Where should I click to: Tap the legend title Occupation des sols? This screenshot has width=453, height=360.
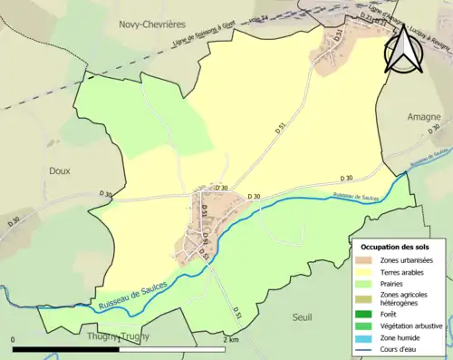tap(397, 247)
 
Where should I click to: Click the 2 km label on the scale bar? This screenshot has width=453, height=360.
tap(230, 340)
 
